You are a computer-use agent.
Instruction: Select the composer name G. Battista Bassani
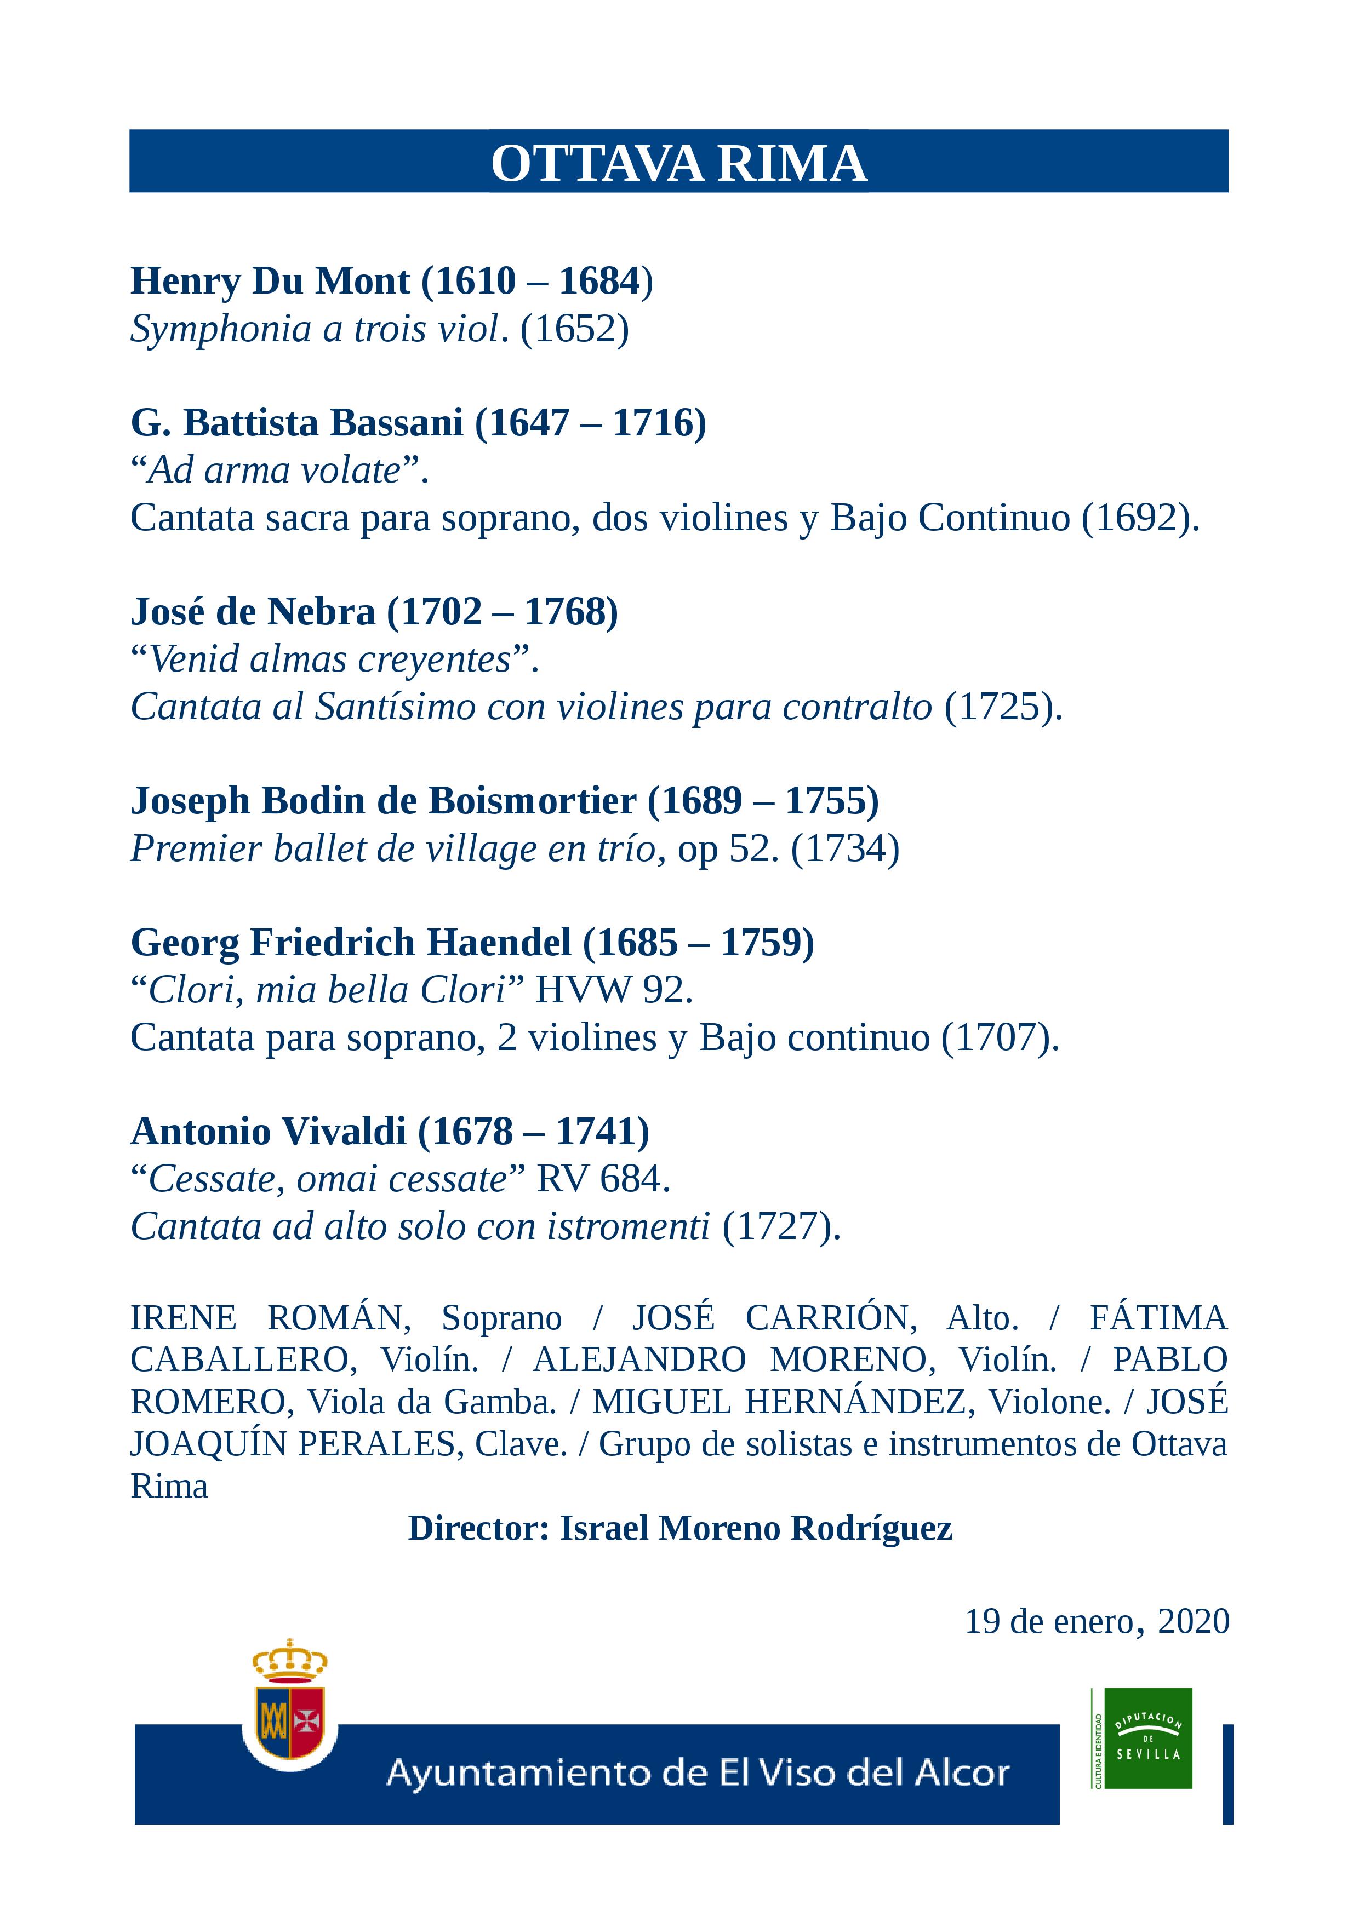tap(296, 423)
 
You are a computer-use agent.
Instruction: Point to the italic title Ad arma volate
tap(275, 471)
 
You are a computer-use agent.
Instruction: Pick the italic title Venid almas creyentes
tap(330, 659)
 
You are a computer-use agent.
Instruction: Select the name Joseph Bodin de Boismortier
tap(384, 801)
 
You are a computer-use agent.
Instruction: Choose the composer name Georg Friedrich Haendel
tap(351, 943)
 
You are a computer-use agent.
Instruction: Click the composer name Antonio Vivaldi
tap(269, 1132)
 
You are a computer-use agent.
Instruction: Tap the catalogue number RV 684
tap(603, 1179)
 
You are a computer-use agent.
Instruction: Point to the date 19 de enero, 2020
tap(1097, 1621)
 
